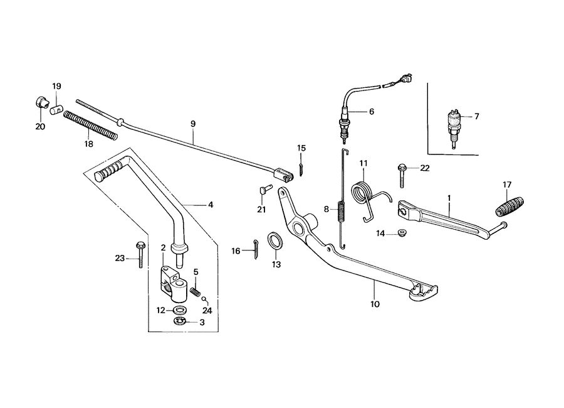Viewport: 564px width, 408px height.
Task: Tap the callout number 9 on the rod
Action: point(193,124)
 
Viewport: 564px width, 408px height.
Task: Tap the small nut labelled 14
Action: point(397,235)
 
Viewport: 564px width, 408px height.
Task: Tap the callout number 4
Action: point(211,205)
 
